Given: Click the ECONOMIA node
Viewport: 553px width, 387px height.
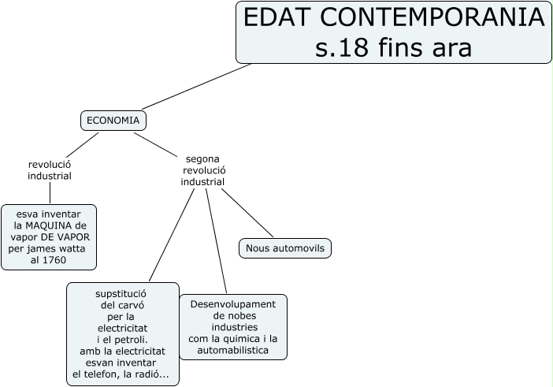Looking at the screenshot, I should [113, 121].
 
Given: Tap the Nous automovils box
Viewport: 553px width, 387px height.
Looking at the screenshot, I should [284, 248].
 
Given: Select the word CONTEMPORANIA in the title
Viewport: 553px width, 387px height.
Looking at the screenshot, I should [426, 17].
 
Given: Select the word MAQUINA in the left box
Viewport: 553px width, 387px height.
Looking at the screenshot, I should [50, 225].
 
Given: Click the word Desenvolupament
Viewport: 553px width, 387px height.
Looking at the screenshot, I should [232, 304].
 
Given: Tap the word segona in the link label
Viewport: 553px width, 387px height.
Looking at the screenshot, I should [203, 158].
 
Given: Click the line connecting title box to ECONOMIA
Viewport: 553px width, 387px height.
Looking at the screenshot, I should [197, 86].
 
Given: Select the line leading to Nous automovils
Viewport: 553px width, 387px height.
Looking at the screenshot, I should [248, 213].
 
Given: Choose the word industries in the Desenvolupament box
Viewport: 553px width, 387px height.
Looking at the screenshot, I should [233, 327].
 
